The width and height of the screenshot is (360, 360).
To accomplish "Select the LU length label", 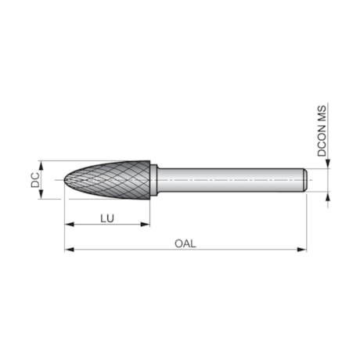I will [x=107, y=218].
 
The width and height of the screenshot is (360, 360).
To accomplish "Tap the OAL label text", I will [x=185, y=243].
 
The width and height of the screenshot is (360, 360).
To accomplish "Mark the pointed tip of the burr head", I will [x=65, y=180].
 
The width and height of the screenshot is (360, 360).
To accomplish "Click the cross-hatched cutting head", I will [x=110, y=180].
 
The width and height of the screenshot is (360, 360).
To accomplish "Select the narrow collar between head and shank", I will [x=155, y=180].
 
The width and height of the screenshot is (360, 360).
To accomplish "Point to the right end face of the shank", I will [x=304, y=180].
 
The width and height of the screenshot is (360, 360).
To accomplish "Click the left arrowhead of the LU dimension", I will [x=69, y=225].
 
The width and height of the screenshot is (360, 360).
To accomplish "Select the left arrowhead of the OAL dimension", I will [x=69, y=250].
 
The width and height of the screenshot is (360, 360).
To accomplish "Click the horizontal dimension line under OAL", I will [x=235, y=250].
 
